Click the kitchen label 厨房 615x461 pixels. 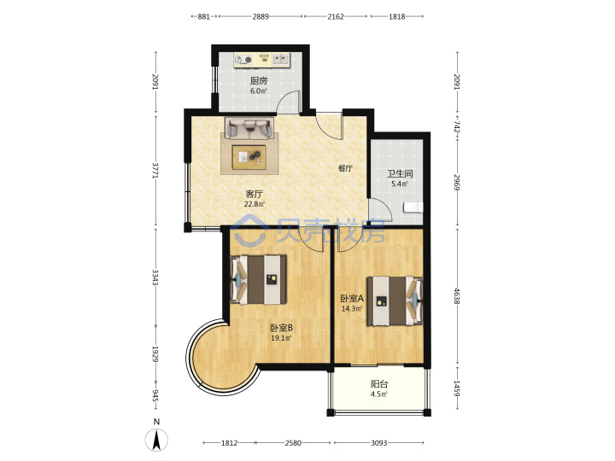(259, 81)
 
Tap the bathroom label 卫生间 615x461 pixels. (400, 173)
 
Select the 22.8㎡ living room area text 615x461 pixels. (255, 204)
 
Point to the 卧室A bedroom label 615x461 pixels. (352, 298)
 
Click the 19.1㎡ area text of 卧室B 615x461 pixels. (281, 338)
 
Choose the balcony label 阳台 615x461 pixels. (379, 384)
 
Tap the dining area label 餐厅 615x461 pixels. (345, 168)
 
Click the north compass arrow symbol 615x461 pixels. (156, 440)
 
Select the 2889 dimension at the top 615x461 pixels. (261, 16)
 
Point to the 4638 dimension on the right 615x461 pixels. (456, 296)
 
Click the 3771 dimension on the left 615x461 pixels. (155, 171)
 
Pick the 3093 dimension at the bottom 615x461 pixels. (379, 443)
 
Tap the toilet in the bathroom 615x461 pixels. (413, 207)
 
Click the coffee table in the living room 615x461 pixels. (249, 157)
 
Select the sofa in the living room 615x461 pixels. (249, 128)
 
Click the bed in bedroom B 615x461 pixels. (258, 279)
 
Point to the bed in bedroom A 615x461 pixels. (395, 301)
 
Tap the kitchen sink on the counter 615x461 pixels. (280, 60)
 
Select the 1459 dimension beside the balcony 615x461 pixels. (456, 388)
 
